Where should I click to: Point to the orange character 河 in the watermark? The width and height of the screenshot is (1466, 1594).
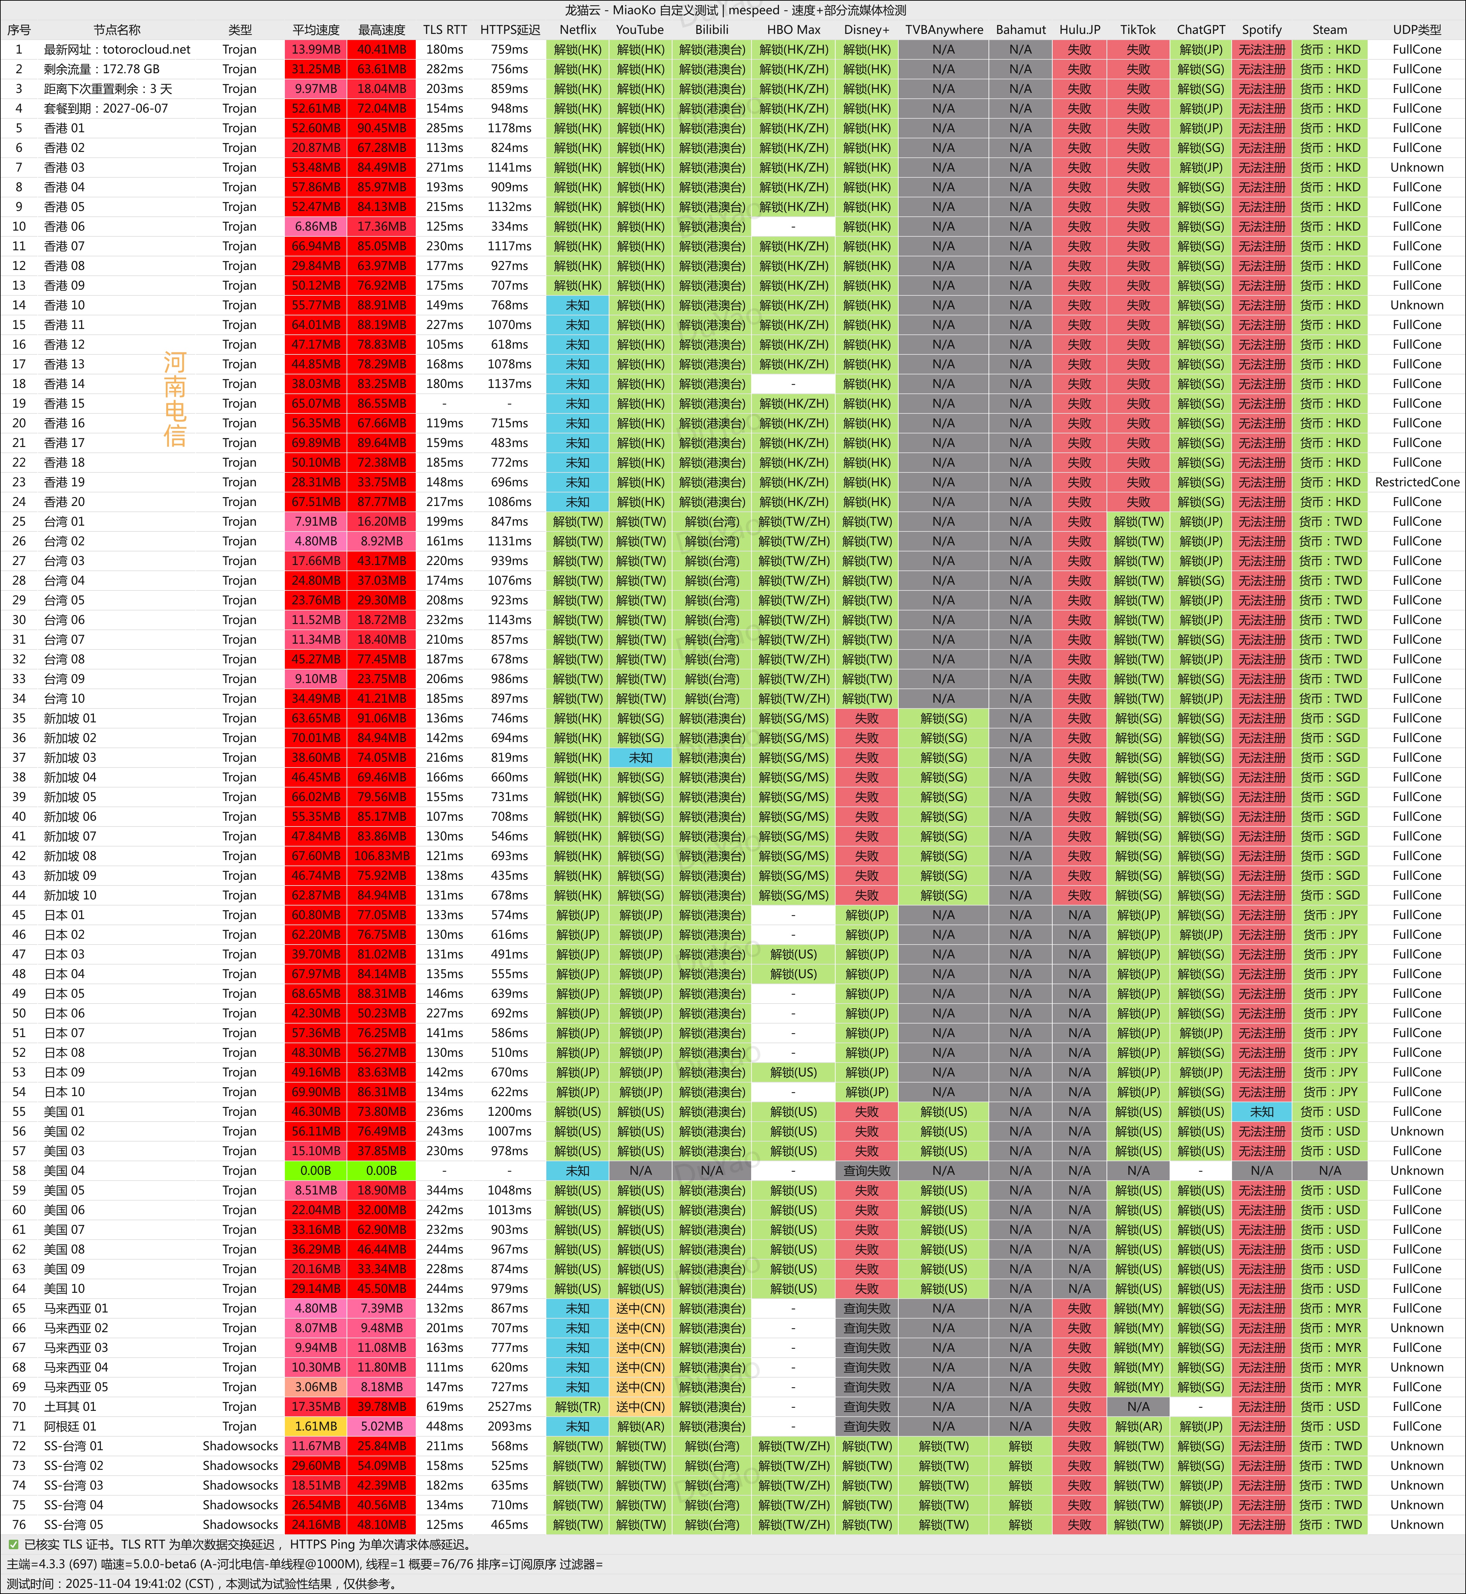[175, 363]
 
